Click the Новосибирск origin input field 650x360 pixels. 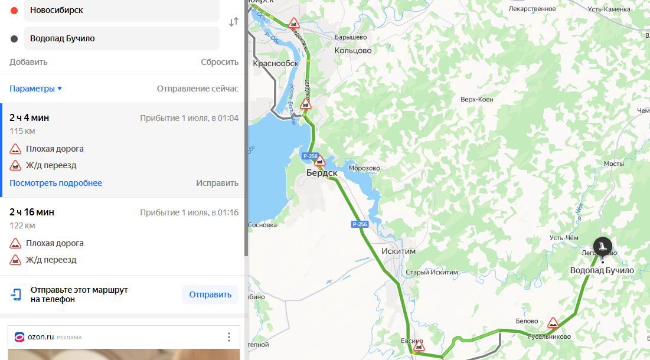tap(121, 10)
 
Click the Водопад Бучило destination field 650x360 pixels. tap(121, 38)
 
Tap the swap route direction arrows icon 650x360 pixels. tap(234, 22)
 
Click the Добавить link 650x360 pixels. tap(28, 62)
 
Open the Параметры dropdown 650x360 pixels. tap(35, 89)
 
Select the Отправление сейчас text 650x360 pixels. tap(197, 89)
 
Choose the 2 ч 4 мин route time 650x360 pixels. tap(29, 117)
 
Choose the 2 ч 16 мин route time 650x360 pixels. tap(32, 212)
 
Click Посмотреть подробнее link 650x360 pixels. tap(55, 183)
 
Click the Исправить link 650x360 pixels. tap(217, 183)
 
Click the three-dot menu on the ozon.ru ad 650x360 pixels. tap(229, 337)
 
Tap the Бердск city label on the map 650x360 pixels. tap(322, 173)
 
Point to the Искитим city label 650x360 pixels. tap(399, 251)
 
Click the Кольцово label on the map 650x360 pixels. tap(353, 51)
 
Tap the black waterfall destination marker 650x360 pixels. tap(602, 246)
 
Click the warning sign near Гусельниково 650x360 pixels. tap(553, 323)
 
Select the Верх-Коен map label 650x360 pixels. tap(476, 99)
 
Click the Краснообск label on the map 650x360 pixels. tap(276, 64)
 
